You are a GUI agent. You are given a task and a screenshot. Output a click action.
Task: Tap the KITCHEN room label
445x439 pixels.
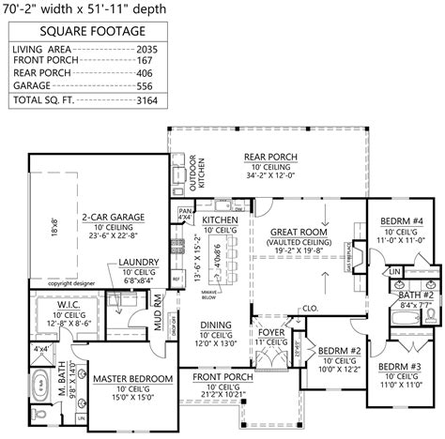click(220, 220)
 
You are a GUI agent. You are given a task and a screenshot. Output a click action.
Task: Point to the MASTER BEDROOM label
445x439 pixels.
click(132, 379)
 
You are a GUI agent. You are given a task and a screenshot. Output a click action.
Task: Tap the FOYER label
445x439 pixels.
click(271, 330)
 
